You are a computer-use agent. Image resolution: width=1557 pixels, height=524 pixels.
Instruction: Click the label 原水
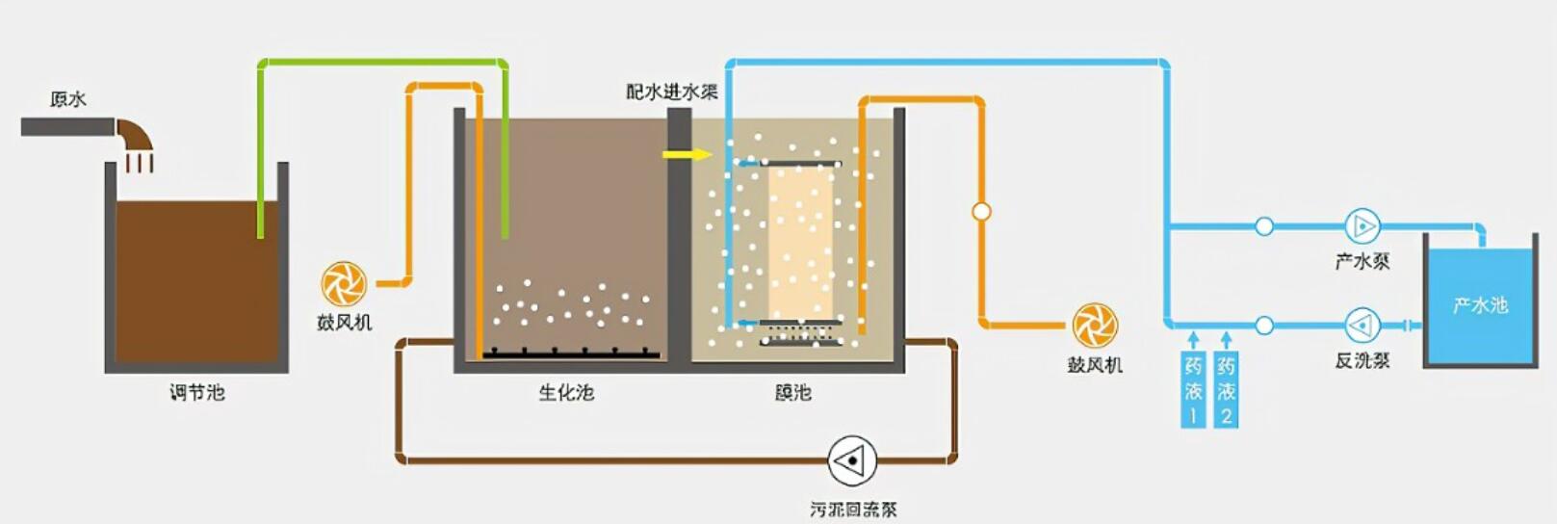click(68, 99)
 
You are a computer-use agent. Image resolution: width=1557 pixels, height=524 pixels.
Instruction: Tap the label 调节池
click(197, 392)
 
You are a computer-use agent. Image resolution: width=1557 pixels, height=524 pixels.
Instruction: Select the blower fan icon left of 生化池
click(344, 284)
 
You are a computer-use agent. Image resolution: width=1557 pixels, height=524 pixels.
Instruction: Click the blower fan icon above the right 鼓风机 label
click(1095, 326)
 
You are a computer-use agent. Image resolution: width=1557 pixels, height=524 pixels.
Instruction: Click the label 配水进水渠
click(672, 92)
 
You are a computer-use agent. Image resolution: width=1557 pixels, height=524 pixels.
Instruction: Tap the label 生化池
click(566, 392)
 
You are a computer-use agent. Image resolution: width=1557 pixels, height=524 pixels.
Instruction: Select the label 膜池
click(792, 392)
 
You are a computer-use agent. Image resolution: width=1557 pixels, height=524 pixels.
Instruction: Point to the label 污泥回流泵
click(853, 510)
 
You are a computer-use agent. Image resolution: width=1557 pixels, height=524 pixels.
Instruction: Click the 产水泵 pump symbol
click(1362, 226)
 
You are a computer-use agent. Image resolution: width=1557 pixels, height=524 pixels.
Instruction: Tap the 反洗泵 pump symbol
click(1362, 326)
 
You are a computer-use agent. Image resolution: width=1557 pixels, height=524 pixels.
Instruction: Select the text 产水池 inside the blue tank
click(1480, 305)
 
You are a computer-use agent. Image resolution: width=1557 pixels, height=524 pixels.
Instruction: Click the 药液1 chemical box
click(1193, 390)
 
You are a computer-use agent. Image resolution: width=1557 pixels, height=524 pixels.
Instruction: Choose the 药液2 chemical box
click(1226, 390)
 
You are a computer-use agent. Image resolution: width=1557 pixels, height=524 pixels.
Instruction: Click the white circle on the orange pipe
click(981, 211)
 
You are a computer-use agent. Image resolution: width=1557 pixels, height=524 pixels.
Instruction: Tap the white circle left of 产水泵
click(1264, 226)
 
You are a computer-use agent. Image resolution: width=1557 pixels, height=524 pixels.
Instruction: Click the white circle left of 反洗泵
click(1264, 326)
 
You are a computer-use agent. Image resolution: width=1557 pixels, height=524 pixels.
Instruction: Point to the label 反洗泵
click(1362, 360)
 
